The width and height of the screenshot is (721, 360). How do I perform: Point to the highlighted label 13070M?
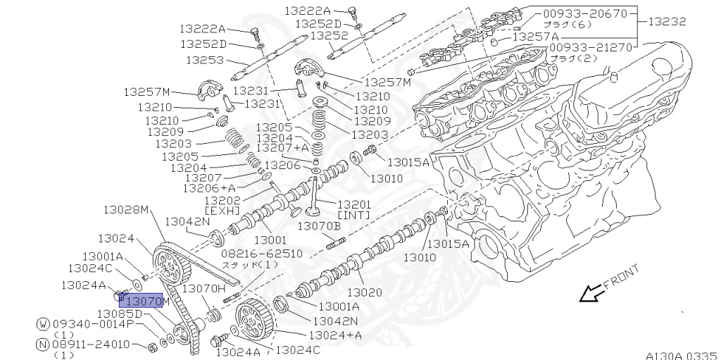tap(144, 302)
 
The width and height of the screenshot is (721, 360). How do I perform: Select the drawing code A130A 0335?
tap(681, 354)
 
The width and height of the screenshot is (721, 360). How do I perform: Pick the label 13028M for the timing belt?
tap(127, 210)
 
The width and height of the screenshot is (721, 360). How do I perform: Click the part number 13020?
tap(365, 292)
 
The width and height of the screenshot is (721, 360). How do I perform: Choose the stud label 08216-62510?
tap(262, 253)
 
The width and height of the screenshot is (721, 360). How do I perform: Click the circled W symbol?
tap(44, 324)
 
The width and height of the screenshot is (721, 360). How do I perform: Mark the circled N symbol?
tap(44, 345)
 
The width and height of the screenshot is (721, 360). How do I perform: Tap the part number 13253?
tap(205, 60)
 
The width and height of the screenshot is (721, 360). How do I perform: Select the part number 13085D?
tap(120, 314)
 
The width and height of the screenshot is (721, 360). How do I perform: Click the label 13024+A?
tap(334, 335)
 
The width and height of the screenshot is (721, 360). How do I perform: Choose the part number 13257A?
tap(535, 37)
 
